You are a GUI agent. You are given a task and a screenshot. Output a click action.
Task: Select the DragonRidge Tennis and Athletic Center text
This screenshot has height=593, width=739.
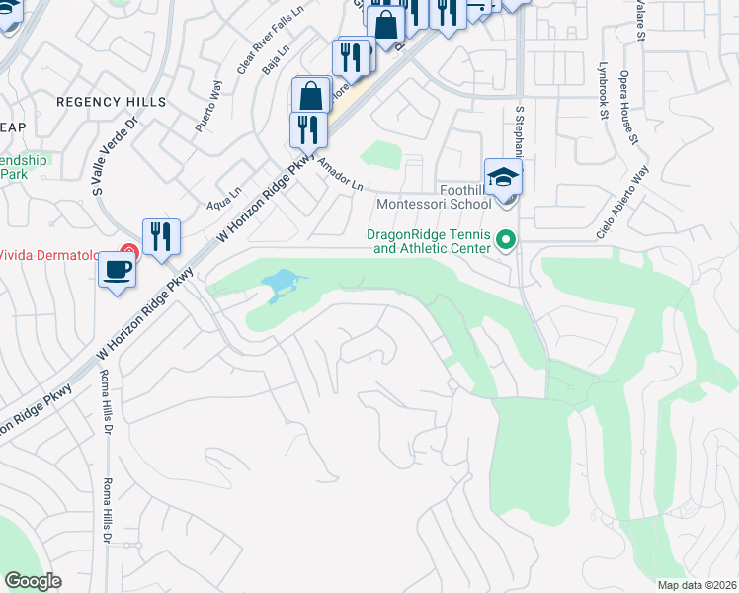tap(429, 241)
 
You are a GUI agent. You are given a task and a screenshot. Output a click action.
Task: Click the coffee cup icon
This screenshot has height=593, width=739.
tap(117, 270)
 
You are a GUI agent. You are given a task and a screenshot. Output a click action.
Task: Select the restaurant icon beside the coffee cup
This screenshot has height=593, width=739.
tap(161, 237)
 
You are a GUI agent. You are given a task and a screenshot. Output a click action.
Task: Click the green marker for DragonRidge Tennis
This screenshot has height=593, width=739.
tap(507, 240)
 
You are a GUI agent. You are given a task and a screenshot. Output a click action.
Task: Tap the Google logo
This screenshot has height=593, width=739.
tap(33, 580)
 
